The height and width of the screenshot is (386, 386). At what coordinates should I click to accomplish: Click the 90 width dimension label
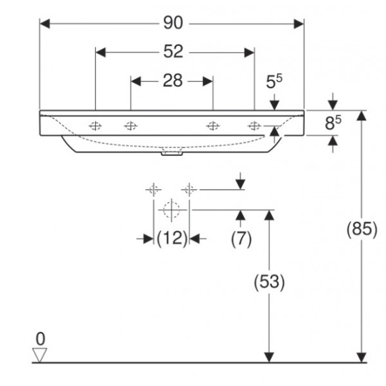tap(172, 23)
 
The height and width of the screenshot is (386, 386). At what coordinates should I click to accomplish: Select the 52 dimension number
tap(172, 51)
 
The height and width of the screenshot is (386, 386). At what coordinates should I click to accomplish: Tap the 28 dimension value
tap(172, 80)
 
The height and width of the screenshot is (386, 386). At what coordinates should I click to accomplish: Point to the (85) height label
tap(362, 230)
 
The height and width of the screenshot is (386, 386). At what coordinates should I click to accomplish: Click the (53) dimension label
tap(269, 282)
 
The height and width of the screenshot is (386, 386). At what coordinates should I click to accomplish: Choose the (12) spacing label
tap(172, 238)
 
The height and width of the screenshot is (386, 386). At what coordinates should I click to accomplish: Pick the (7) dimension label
tap(241, 238)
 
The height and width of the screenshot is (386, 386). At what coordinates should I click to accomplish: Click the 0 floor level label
tap(41, 338)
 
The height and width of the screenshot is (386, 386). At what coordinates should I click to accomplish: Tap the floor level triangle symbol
tap(41, 354)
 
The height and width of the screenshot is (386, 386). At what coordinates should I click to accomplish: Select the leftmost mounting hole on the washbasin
tap(96, 125)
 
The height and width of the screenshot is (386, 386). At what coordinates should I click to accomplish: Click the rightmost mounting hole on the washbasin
tap(255, 125)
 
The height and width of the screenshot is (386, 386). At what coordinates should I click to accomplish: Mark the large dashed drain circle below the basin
tap(171, 209)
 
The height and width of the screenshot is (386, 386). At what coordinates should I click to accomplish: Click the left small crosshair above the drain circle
tap(153, 190)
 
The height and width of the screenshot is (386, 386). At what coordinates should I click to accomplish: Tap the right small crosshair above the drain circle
tap(189, 190)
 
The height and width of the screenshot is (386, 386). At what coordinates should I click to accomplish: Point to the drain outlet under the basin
tap(171, 154)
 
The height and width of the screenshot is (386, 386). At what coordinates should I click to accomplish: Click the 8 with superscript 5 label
tap(332, 123)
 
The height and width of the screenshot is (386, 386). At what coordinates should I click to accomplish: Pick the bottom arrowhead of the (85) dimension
tap(362, 357)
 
